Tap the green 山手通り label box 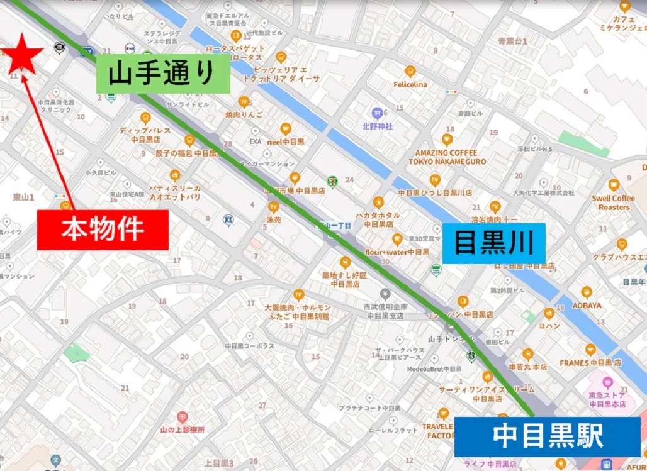point(163,74)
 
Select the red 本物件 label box point(103,230)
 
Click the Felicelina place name point(410,84)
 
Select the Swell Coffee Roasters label point(614,202)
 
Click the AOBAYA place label point(587,306)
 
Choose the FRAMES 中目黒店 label point(590,363)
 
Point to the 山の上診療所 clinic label point(183,430)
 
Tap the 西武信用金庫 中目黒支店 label point(385,311)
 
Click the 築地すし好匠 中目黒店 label point(344,279)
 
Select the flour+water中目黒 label point(397,252)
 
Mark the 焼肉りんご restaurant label point(244,114)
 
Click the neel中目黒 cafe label point(285,141)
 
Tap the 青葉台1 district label point(512,41)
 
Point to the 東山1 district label point(23,197)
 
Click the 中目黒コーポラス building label point(249,346)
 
